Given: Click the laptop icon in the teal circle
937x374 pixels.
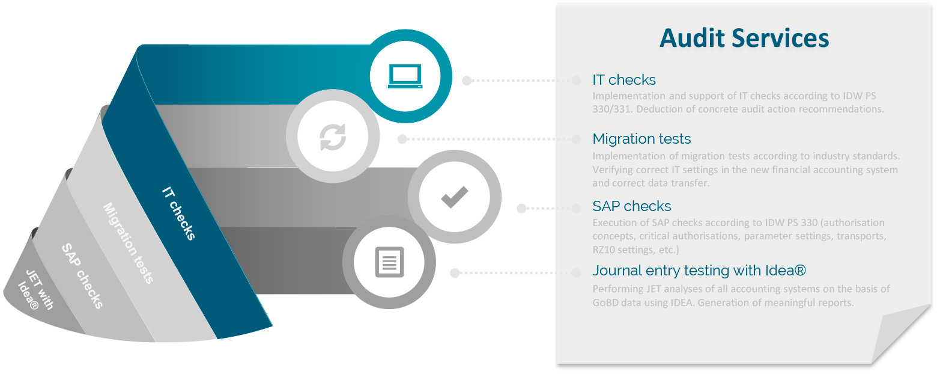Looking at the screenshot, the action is coord(405,76).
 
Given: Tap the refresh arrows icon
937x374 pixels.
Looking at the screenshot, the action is coord(333,137).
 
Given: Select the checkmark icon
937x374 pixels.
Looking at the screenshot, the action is coord(455,197).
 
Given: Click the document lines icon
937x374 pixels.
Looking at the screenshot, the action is coord(389,262).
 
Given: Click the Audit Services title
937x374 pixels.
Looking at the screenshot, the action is coord(744,38).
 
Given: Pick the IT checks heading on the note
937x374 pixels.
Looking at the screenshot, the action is coord(623,79).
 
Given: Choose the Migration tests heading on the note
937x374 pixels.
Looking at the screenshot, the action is coord(641,139).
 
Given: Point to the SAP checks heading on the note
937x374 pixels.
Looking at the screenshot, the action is coord(632,206).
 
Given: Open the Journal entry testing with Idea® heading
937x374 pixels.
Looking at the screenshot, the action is coord(699,271).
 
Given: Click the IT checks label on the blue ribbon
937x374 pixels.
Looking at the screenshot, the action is coord(178,213).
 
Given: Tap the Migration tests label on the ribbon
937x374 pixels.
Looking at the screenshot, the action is coord(129,244).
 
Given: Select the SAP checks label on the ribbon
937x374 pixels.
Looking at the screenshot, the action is coord(82,277).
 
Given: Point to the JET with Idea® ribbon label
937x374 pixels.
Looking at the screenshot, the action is coord(35,290).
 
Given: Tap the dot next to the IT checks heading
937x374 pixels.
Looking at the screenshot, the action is coord(577,81).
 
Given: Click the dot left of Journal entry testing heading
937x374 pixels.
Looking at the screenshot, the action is coord(577,273).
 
